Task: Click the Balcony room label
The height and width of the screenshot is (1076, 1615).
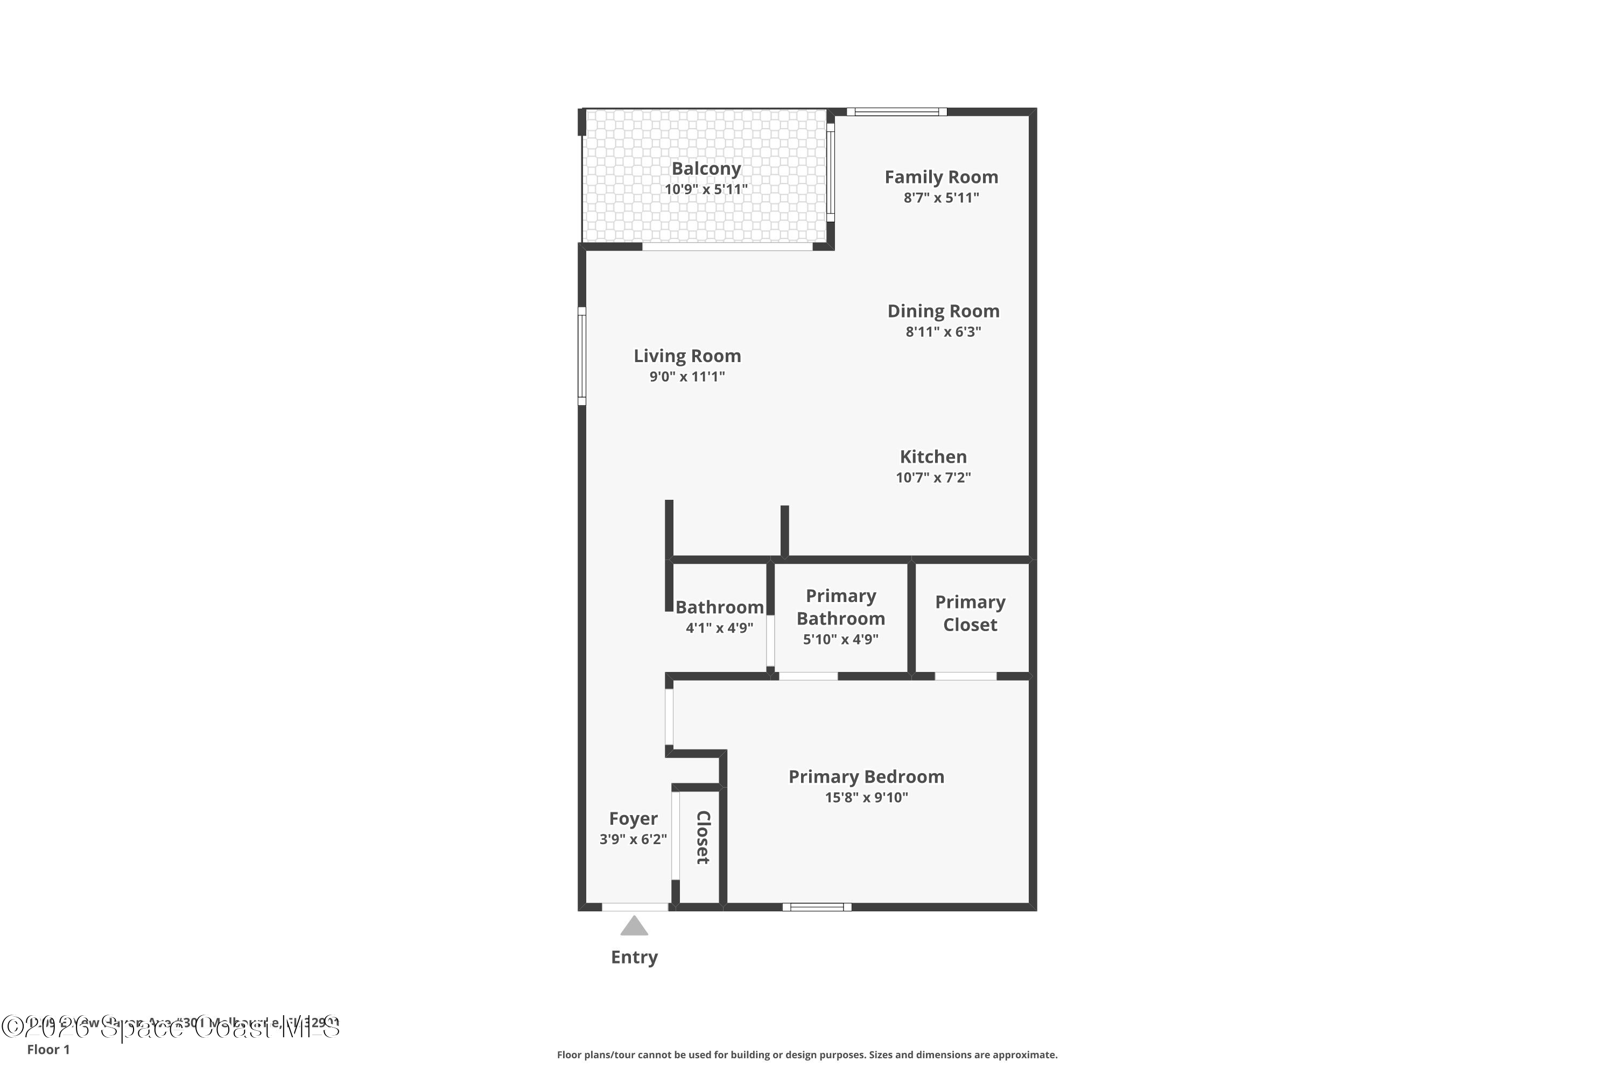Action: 706,169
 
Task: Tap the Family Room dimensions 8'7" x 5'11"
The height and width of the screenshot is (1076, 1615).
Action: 940,197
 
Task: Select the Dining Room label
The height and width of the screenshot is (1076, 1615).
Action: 943,312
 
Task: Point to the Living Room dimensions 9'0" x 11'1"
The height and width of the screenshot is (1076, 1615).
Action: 687,377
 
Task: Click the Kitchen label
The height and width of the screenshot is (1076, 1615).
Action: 933,457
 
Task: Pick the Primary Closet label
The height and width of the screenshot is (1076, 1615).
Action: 970,613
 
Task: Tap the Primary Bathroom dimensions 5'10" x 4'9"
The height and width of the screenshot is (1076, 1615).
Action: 840,640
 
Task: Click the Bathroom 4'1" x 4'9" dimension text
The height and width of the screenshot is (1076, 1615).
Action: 719,628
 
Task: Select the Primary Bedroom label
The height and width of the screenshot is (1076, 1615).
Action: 866,777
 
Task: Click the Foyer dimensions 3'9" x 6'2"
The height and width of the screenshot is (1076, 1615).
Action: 633,839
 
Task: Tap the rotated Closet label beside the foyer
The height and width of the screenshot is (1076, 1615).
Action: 703,837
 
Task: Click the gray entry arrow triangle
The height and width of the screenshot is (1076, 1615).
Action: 634,926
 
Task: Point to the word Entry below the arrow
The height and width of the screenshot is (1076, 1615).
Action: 634,957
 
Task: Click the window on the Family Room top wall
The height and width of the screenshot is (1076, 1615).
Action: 896,112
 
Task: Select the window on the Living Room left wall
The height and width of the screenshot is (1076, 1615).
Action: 581,356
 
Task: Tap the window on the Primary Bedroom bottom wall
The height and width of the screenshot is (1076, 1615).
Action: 817,907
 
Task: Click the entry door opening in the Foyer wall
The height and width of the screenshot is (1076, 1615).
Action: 635,907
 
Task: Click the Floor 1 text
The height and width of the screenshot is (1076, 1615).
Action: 48,1049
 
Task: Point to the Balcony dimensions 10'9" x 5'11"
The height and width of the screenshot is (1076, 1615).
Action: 706,189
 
